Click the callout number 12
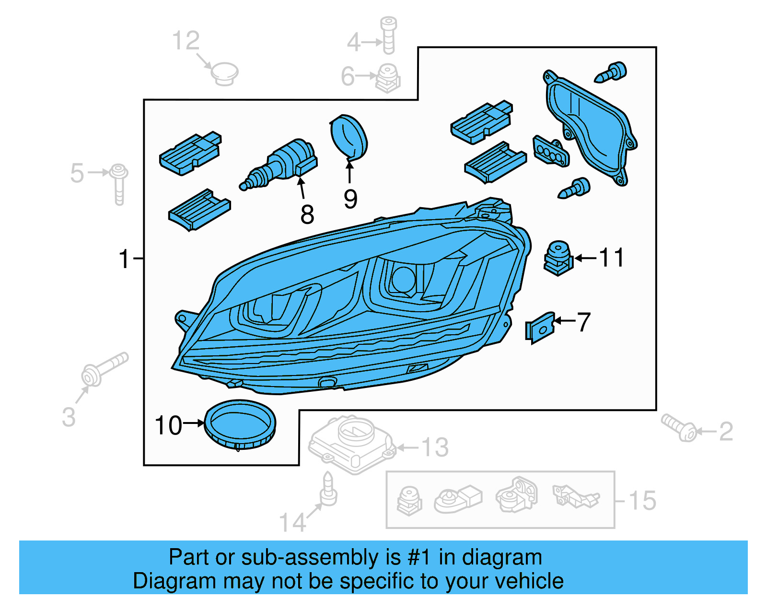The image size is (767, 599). point(186,41)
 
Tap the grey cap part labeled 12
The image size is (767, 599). point(224,73)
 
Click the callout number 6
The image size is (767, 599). point(348,77)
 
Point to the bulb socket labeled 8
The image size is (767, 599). point(283,163)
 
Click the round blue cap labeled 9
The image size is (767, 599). point(349,137)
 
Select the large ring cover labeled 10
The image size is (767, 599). point(240,424)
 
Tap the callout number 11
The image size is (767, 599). point(612,258)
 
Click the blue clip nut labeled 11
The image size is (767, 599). point(558,258)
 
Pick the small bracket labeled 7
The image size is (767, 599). point(541,327)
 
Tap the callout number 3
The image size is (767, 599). point(69,417)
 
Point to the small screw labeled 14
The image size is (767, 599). point(328,490)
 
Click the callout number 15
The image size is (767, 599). point(642,501)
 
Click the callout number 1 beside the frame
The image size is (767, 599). point(124,259)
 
